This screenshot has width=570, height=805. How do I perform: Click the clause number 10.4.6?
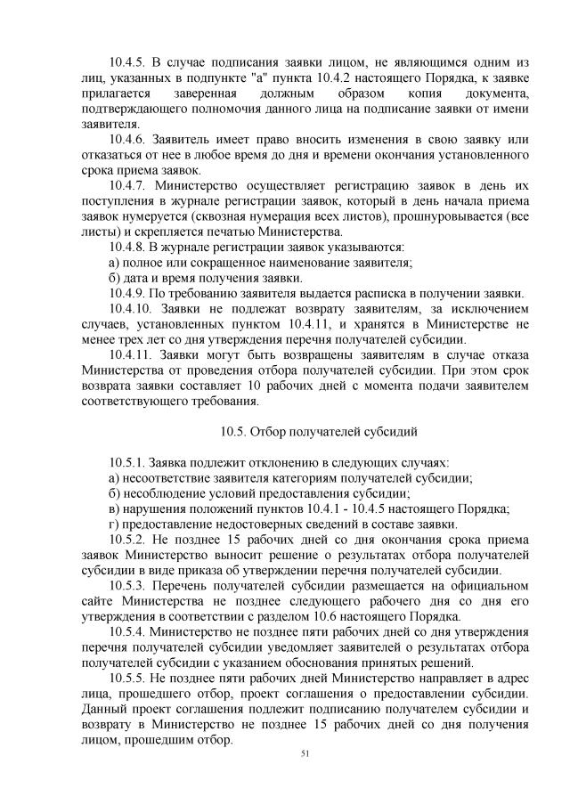tap(127, 140)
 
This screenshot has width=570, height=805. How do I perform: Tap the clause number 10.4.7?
tap(127, 185)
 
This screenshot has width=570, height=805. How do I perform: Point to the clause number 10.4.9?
tap(127, 293)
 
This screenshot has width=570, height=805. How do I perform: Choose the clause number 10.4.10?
tap(131, 308)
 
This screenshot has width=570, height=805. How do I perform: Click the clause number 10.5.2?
tap(127, 539)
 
